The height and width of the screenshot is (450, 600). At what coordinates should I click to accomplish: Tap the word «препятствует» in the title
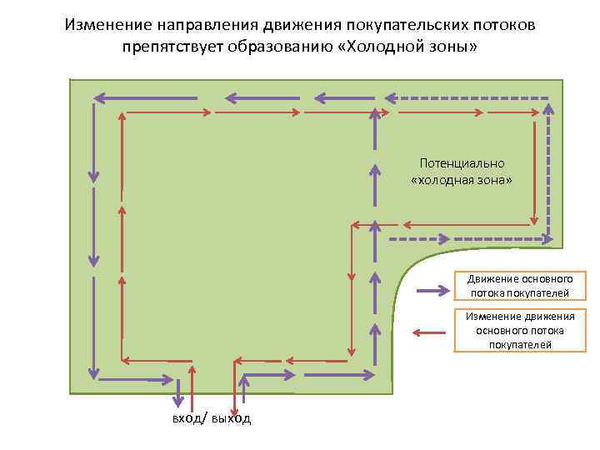point(173,47)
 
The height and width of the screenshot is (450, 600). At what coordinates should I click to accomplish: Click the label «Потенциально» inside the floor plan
point(462,163)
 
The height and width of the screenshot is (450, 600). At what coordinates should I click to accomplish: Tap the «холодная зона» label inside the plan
point(462,179)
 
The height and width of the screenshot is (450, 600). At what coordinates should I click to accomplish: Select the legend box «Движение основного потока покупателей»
point(519,286)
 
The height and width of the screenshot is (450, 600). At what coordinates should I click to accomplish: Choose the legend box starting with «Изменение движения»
point(519,330)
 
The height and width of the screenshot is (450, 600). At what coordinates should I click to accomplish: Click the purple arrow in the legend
point(433,292)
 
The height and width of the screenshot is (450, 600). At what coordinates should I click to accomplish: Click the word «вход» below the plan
point(186,418)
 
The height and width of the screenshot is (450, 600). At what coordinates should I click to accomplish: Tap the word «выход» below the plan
point(231,418)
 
